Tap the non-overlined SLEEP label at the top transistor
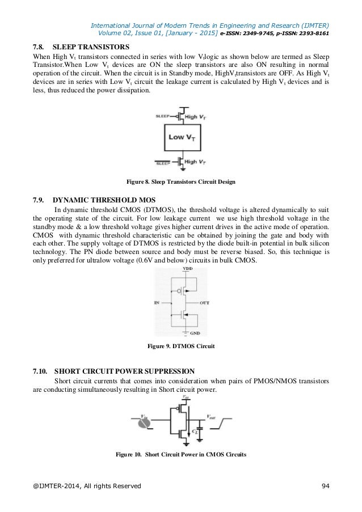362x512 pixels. (x=162, y=115)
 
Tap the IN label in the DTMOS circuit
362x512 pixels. (x=157, y=303)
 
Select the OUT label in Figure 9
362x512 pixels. (x=205, y=303)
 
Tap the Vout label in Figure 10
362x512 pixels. (x=212, y=416)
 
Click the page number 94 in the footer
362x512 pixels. (x=326, y=486)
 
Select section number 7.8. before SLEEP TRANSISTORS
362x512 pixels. (x=41, y=46)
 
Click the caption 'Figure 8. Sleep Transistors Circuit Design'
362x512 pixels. (x=180, y=182)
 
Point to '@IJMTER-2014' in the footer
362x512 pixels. (x=52, y=486)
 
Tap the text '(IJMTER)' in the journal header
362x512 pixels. (x=312, y=25)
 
